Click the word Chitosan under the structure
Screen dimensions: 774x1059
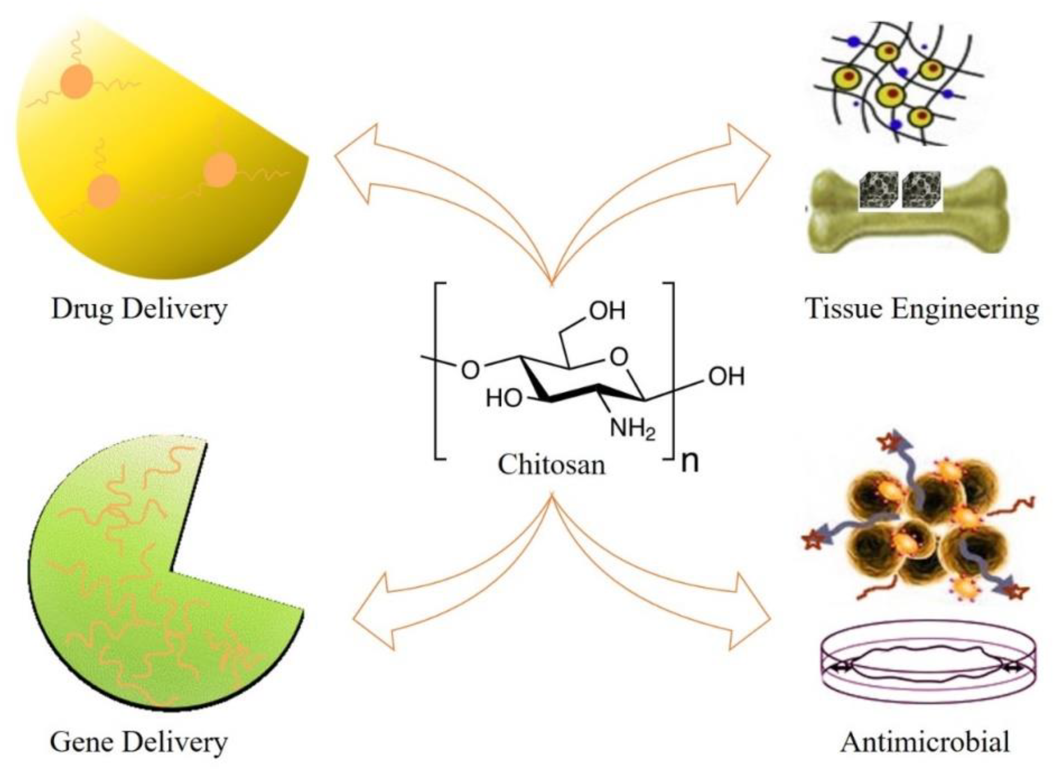click(551, 465)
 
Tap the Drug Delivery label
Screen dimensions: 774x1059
click(139, 309)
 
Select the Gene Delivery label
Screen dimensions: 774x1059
click(139, 741)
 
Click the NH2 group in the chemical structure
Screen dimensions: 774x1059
click(632, 429)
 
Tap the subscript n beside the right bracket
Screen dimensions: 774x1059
click(689, 461)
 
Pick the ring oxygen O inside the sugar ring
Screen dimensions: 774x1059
click(619, 357)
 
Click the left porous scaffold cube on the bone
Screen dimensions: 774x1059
click(878, 191)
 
